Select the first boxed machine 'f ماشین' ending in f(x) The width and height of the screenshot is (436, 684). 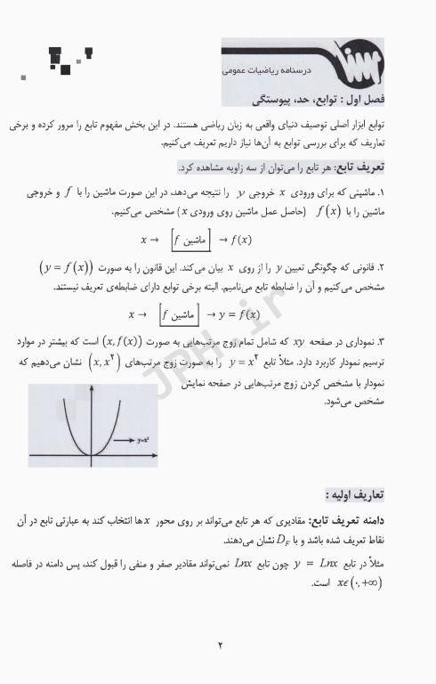(197, 240)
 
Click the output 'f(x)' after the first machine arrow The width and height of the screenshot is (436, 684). (239, 240)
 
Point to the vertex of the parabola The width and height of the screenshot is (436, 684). (93, 456)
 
